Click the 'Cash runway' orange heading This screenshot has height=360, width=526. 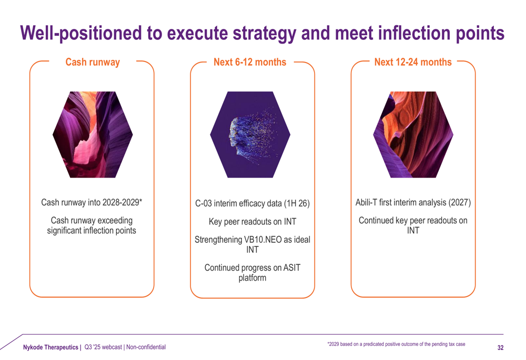93,63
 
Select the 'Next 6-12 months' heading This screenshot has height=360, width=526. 250,62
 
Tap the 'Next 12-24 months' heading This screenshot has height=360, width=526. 413,62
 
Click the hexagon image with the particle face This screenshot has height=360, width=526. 250,135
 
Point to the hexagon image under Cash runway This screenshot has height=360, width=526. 93,135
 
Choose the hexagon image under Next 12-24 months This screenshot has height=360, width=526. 413,135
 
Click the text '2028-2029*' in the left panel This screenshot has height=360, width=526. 122,202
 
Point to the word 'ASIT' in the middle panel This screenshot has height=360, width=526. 292,268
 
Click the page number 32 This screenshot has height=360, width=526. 501,347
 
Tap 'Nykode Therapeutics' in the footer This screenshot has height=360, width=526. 50,347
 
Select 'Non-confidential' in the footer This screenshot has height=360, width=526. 146,347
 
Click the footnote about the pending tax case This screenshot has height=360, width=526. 396,344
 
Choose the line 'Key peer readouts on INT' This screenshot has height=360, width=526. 252,222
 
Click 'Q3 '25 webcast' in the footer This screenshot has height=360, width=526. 103,347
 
